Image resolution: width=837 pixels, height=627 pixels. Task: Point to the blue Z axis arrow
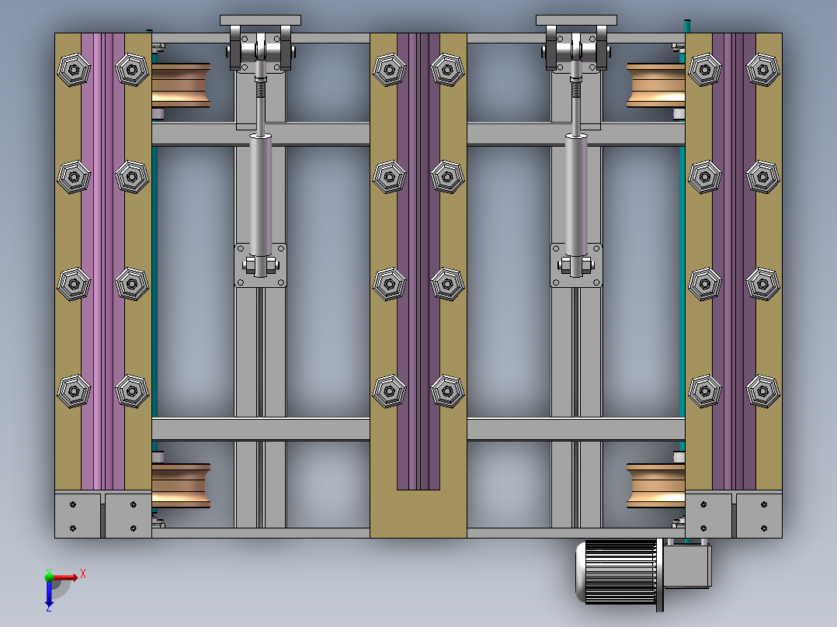49,593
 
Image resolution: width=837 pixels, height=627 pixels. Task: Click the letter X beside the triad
83,573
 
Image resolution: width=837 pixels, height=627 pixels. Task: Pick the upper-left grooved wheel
181,85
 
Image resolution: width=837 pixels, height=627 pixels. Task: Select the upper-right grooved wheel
655,85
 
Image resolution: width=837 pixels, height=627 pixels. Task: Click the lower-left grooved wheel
181,486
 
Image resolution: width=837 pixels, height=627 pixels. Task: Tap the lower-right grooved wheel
655,486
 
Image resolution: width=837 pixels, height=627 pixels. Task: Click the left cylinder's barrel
261,194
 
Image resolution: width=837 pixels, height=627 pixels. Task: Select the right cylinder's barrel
577,194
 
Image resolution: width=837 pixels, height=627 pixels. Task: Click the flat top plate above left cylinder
260,20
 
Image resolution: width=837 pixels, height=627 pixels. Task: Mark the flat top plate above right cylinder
576,20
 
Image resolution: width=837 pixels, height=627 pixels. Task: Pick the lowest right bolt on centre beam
447,392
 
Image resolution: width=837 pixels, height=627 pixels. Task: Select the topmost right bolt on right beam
762,69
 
